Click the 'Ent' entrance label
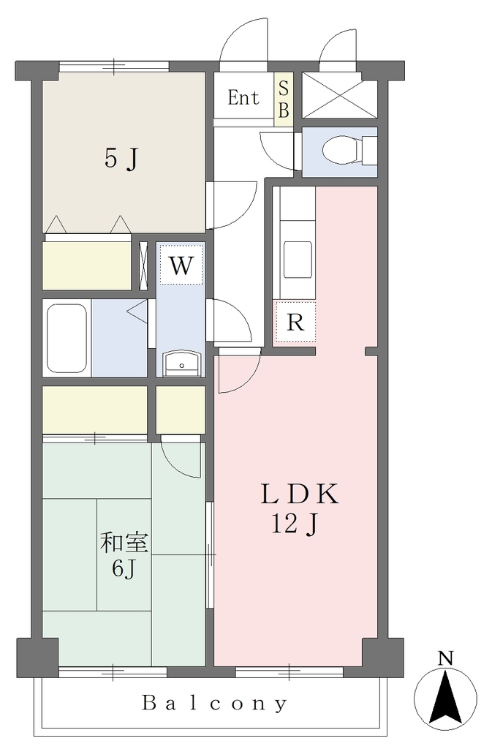tap(243, 98)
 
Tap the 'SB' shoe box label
tap(284, 99)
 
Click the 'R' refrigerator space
tap(295, 322)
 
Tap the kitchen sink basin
tap(298, 259)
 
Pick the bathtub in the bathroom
tap(67, 338)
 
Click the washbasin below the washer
tap(181, 364)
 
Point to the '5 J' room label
tap(121, 159)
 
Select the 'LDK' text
tap(300, 494)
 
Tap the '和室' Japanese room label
tap(124, 543)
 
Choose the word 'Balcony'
tap(215, 703)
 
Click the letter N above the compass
tap(446, 659)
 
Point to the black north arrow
tap(445, 698)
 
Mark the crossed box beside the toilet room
tap(340, 95)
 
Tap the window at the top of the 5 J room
tap(114, 67)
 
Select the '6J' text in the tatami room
tap(124, 568)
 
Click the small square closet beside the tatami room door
tap(181, 410)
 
